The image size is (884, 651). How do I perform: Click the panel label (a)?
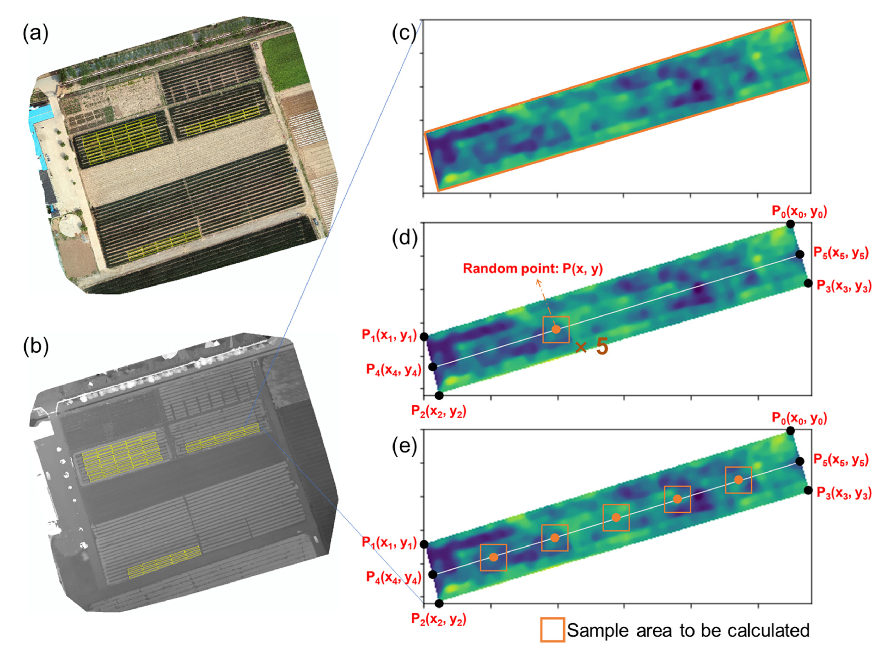(35, 34)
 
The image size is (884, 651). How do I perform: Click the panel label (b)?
(35, 347)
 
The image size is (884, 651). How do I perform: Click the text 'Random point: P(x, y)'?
(532, 269)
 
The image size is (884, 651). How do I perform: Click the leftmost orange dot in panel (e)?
(493, 557)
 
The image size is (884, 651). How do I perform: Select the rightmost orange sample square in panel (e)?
(738, 480)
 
